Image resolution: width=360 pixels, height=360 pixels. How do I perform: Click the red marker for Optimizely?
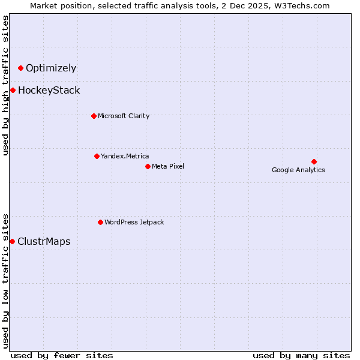point(20,68)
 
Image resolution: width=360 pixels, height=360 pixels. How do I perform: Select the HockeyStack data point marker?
point(13,90)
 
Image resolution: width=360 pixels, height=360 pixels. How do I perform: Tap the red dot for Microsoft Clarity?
point(94,116)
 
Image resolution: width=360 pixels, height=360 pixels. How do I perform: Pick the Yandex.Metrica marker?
point(97,156)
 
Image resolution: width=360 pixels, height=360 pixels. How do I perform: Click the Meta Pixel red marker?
point(148,166)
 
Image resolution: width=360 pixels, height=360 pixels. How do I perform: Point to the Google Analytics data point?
point(314,161)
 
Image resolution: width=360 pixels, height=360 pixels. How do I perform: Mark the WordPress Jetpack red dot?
point(100,222)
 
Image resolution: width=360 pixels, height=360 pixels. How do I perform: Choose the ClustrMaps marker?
point(12,241)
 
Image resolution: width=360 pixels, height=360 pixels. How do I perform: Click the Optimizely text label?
point(51,68)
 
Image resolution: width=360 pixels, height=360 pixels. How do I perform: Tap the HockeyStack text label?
point(49,91)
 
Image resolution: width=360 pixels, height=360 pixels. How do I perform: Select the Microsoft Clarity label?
point(124,116)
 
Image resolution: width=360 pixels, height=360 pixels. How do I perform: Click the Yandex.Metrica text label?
point(125,156)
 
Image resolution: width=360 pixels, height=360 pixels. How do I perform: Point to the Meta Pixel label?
point(168,166)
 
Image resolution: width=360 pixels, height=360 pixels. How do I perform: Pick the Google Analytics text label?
point(298,170)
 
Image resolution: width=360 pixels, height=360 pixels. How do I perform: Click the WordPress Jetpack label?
point(134,222)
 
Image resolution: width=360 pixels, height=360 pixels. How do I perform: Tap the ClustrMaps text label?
point(44,242)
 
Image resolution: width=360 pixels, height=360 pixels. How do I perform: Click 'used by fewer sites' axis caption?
point(62,355)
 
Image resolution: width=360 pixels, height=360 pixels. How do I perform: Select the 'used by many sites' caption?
point(301,355)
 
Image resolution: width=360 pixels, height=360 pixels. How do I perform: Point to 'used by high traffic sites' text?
point(6,85)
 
